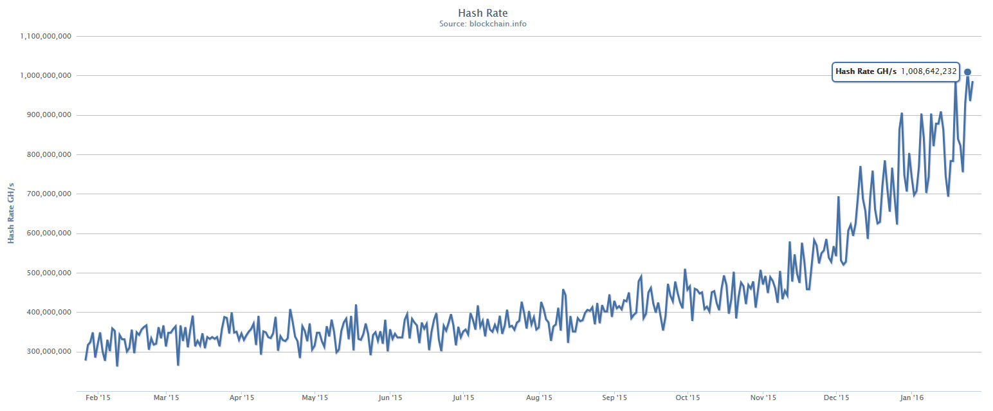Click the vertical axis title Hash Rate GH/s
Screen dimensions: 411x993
click(x=11, y=213)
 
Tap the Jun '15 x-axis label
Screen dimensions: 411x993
click(x=390, y=398)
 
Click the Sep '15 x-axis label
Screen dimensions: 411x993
click(x=614, y=398)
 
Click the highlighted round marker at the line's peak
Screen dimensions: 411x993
click(x=967, y=72)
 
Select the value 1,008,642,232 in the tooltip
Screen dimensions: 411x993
click(x=929, y=71)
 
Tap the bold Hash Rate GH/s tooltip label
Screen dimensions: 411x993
click(x=866, y=71)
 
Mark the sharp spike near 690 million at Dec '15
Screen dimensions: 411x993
click(x=838, y=197)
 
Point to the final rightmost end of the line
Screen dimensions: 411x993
click(x=973, y=82)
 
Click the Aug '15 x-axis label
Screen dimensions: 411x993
click(x=539, y=398)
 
